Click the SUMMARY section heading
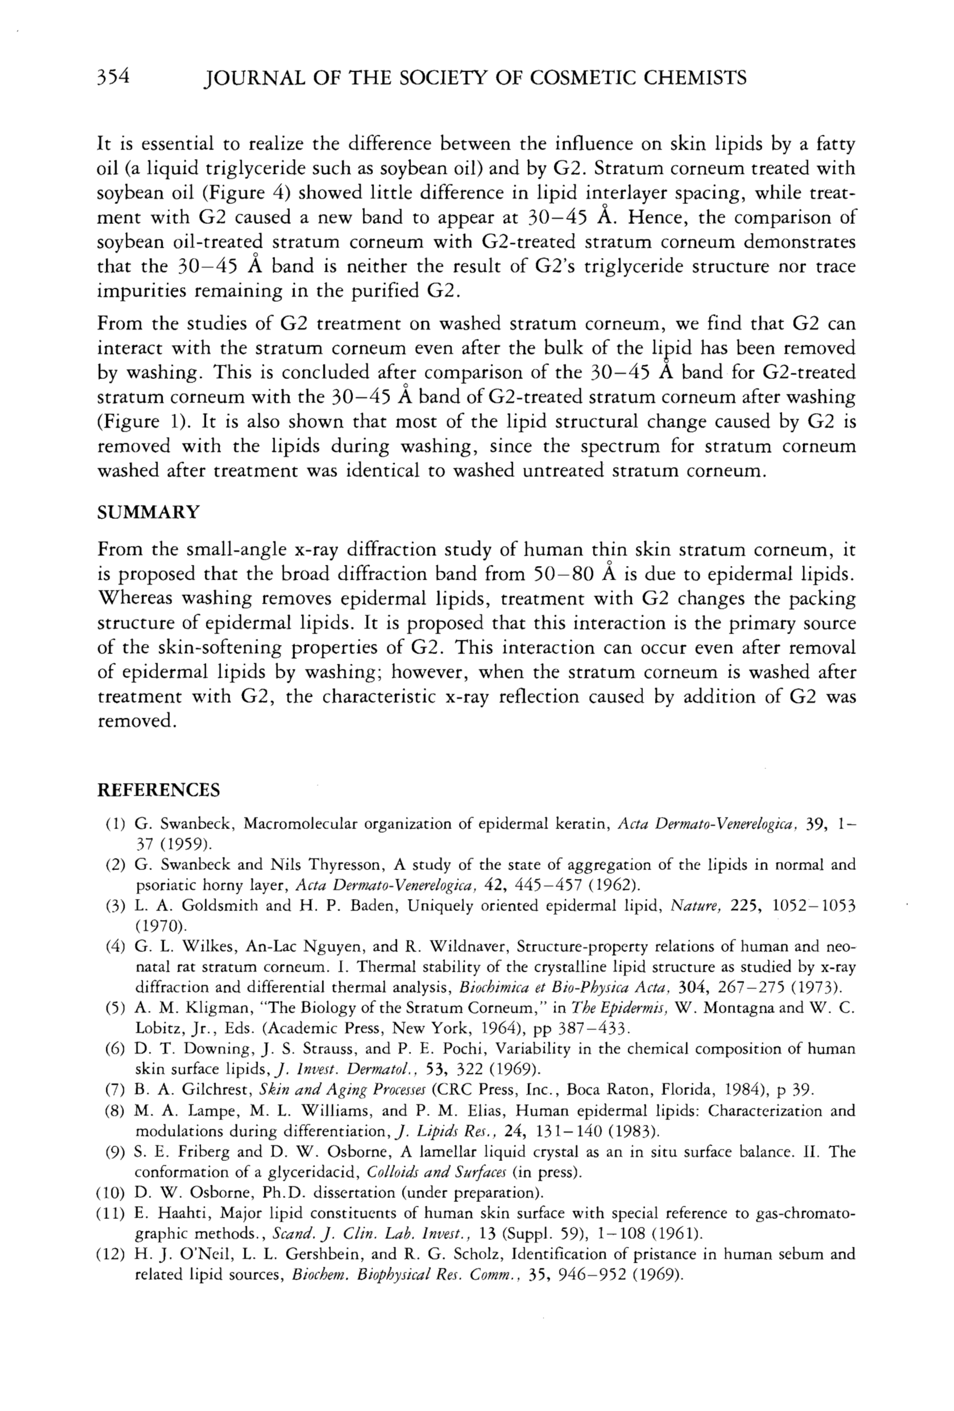[148, 512]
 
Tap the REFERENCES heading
[159, 790]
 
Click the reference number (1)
[115, 824]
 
